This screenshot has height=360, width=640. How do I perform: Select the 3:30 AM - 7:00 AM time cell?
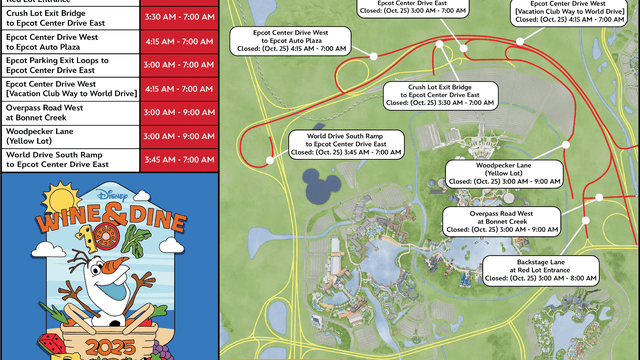[x=176, y=18]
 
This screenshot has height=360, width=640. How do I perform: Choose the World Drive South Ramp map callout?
[x=345, y=146]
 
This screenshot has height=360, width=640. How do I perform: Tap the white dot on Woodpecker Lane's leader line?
[x=566, y=144]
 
